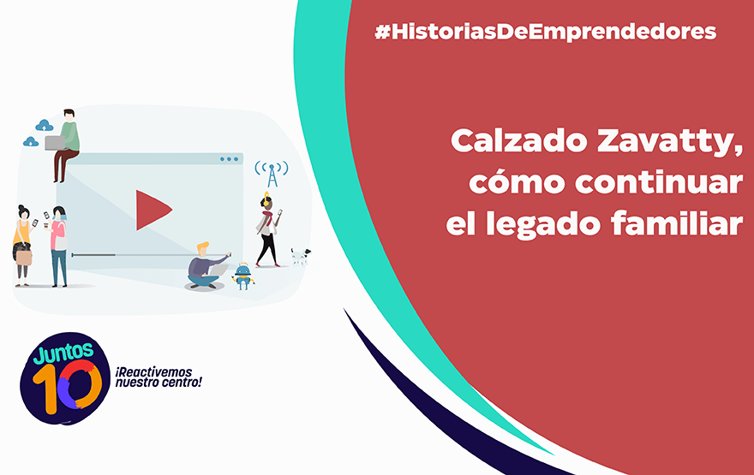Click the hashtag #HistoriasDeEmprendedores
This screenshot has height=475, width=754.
click(545, 32)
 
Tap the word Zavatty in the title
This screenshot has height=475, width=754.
click(670, 142)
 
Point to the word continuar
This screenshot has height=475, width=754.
click(659, 182)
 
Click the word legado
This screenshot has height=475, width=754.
click(543, 225)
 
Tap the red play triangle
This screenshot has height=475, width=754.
click(153, 210)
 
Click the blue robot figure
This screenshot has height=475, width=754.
click(242, 276)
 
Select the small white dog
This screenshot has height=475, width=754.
click(301, 256)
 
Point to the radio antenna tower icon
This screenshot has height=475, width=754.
click(272, 174)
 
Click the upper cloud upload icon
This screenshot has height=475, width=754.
click(45, 125)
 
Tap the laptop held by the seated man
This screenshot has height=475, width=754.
click(54, 143)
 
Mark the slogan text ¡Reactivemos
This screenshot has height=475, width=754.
click(153, 372)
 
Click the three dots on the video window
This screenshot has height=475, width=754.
click(229, 159)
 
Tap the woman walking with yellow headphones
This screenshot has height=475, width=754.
click(268, 229)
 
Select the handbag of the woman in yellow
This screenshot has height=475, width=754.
click(24, 258)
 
